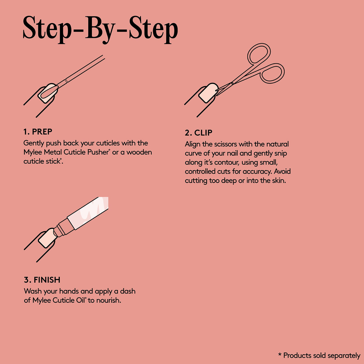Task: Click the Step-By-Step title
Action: pos(100,29)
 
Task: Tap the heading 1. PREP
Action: pos(38,132)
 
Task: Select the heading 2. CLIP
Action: pos(198,133)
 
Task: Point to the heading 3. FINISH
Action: pos(42,280)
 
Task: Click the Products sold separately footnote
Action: pos(319,355)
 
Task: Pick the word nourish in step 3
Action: pos(109,300)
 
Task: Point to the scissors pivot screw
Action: pos(232,83)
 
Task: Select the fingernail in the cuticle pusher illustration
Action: pos(48,93)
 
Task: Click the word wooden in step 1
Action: pos(139,152)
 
